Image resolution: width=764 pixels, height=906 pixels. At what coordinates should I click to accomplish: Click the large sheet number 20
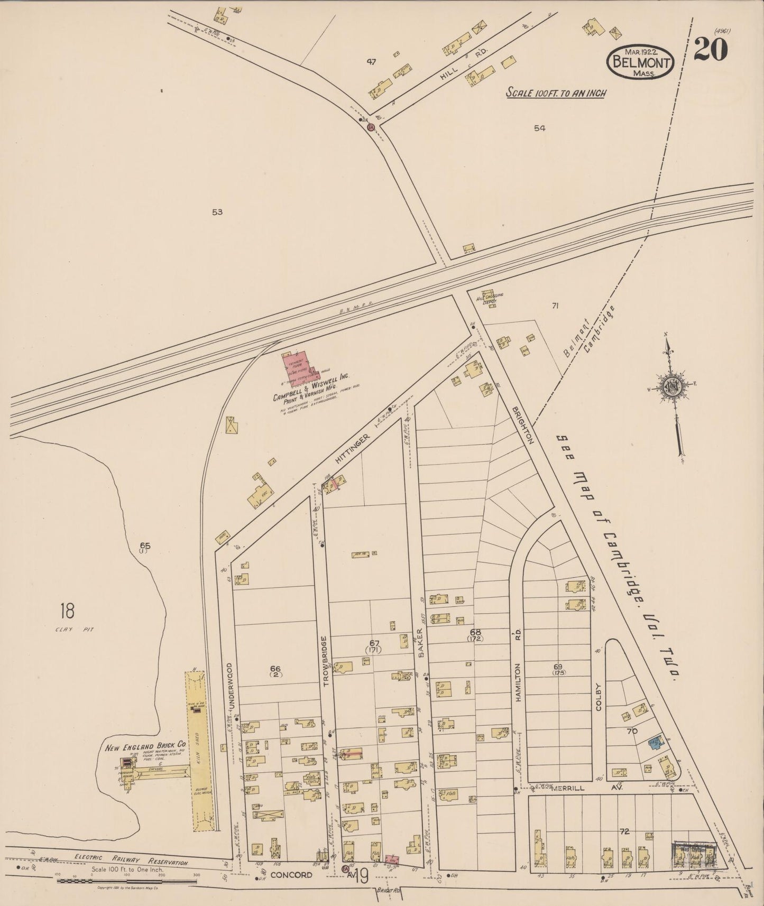coord(711,50)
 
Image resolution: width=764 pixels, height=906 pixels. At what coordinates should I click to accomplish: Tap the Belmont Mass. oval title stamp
coord(640,62)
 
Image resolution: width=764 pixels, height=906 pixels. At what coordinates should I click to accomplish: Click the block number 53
coord(217,212)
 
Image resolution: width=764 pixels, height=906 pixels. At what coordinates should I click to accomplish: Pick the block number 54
coord(539,127)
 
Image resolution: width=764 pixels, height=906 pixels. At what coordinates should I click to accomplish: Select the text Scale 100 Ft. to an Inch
coord(555,93)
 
